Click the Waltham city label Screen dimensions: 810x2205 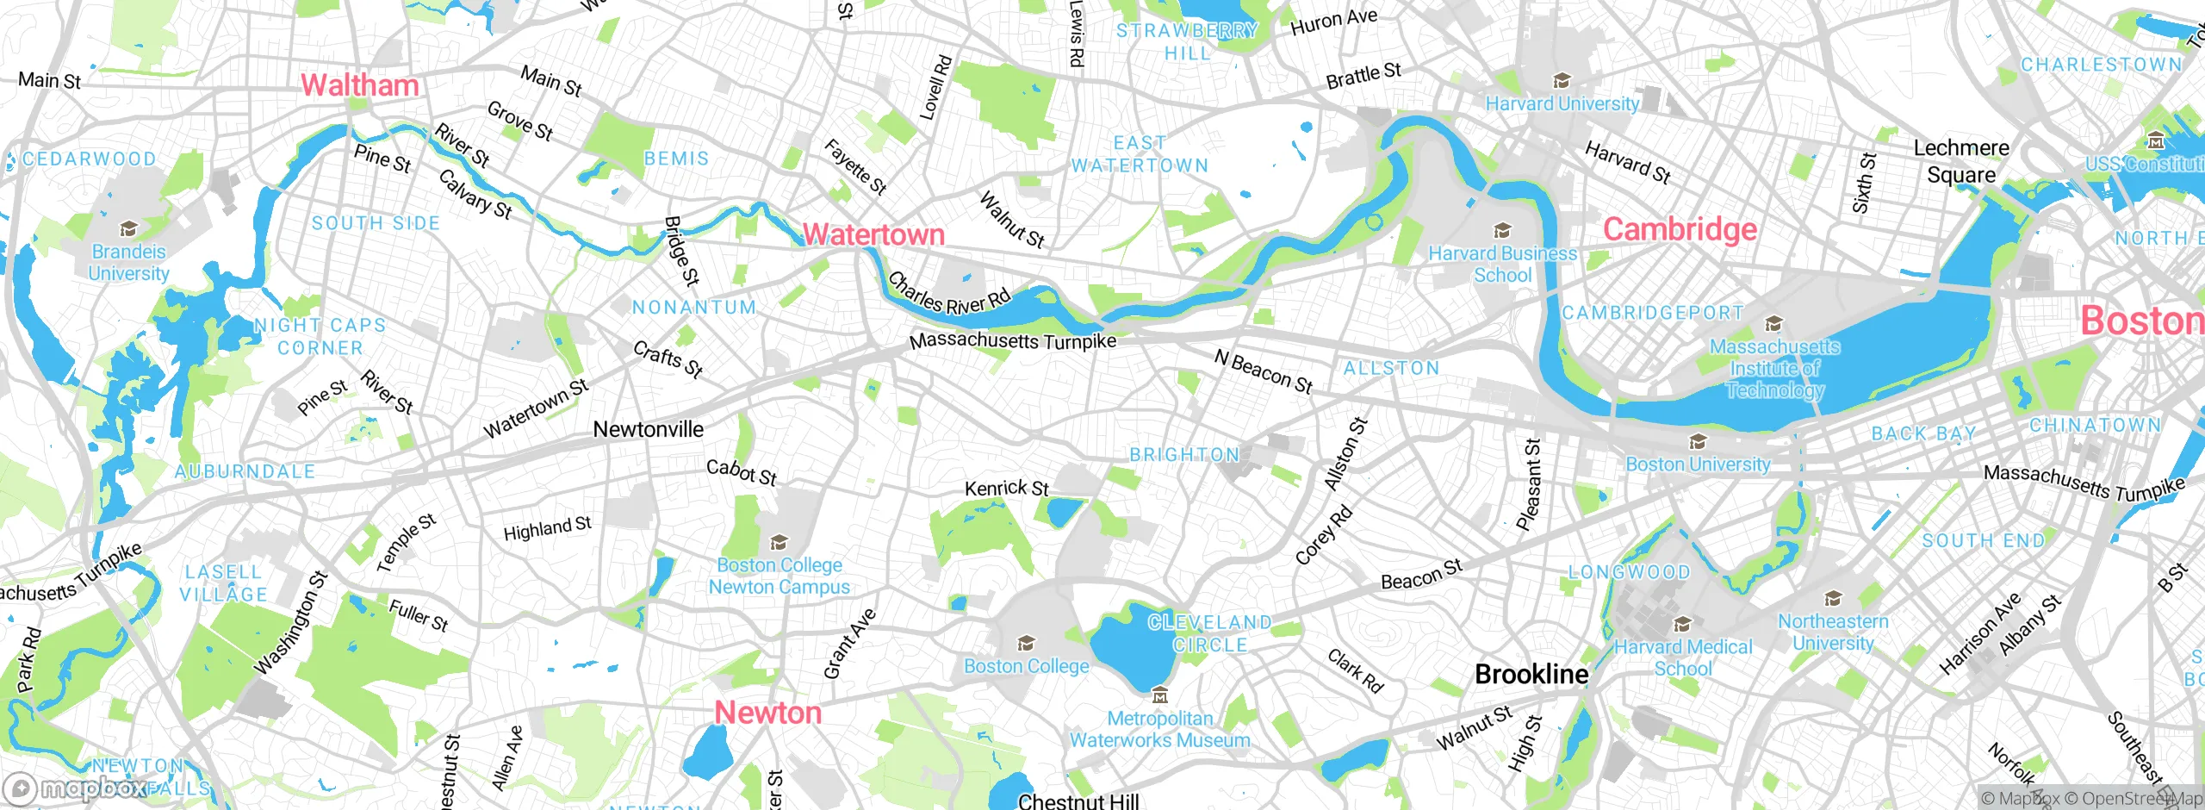pyautogui.click(x=359, y=85)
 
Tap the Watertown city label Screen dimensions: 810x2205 pyautogui.click(x=873, y=234)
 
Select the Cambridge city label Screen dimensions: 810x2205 pyautogui.click(x=1680, y=229)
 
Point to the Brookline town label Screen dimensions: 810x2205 pyautogui.click(x=1531, y=675)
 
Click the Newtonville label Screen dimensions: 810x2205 pyautogui.click(x=648, y=429)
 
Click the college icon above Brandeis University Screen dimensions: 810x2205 pyautogui.click(x=128, y=229)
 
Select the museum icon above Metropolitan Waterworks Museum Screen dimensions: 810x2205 pyautogui.click(x=1159, y=695)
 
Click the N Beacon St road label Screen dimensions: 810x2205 pyautogui.click(x=1263, y=371)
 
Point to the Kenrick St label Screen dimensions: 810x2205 pyautogui.click(x=1006, y=489)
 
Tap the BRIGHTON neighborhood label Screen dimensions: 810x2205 pyautogui.click(x=1184, y=455)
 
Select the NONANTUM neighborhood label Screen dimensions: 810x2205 pyautogui.click(x=694, y=308)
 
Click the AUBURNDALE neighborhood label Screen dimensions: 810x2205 pyautogui.click(x=245, y=471)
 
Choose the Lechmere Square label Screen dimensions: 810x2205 pyautogui.click(x=1960, y=161)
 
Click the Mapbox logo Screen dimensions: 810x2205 pyautogui.click(x=76, y=788)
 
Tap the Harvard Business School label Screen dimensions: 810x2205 pyautogui.click(x=1502, y=265)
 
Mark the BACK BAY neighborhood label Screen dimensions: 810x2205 pyautogui.click(x=1923, y=433)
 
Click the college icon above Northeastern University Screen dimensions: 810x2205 pyautogui.click(x=1833, y=599)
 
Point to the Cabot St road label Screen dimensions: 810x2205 pyautogui.click(x=741, y=472)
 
